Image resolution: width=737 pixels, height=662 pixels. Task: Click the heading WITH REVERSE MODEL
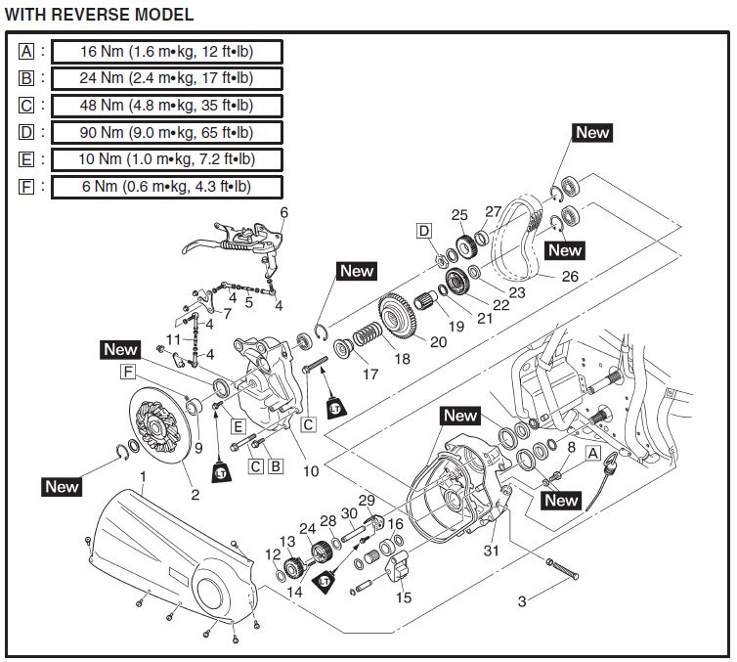(99, 15)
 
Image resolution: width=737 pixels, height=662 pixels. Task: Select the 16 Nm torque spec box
(166, 51)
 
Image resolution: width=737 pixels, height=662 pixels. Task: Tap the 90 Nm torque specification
(166, 131)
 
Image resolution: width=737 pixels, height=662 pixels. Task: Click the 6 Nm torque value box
(166, 186)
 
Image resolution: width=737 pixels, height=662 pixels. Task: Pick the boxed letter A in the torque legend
(26, 51)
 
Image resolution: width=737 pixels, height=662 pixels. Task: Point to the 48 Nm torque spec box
(166, 105)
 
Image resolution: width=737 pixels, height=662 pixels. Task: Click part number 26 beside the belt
(570, 277)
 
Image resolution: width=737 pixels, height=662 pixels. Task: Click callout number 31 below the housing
(493, 551)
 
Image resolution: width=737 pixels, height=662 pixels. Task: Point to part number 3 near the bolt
(521, 601)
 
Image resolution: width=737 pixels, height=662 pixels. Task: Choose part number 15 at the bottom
(403, 597)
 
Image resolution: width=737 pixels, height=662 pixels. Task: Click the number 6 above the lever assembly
(284, 212)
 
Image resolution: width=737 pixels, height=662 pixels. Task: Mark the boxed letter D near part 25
(424, 231)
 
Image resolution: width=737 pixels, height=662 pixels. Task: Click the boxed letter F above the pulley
(128, 372)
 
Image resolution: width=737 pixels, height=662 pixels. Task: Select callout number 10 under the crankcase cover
(311, 470)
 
